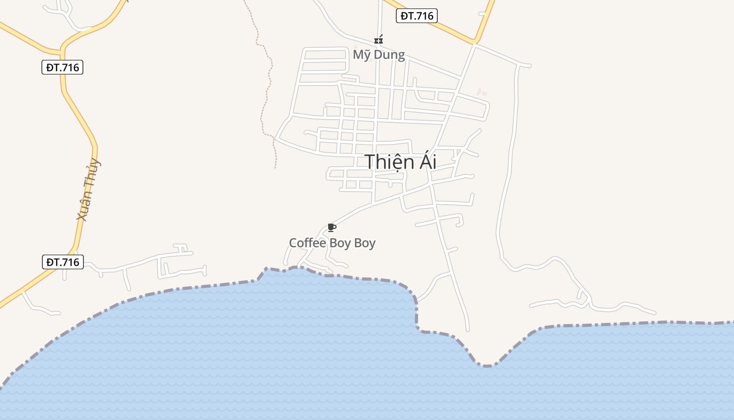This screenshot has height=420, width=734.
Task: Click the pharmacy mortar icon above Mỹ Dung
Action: coord(379,40)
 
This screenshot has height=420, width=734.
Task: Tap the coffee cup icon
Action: coord(331,227)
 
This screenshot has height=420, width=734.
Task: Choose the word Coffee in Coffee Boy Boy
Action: coord(307,243)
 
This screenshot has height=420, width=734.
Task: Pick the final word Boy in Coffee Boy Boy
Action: coord(365,243)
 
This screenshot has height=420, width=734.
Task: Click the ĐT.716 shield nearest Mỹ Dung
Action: coord(416,16)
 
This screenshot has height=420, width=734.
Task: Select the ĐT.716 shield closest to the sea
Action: coord(62,262)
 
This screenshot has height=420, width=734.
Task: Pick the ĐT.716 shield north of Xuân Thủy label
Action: coord(62,67)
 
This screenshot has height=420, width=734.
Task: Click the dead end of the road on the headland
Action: coord(468,330)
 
